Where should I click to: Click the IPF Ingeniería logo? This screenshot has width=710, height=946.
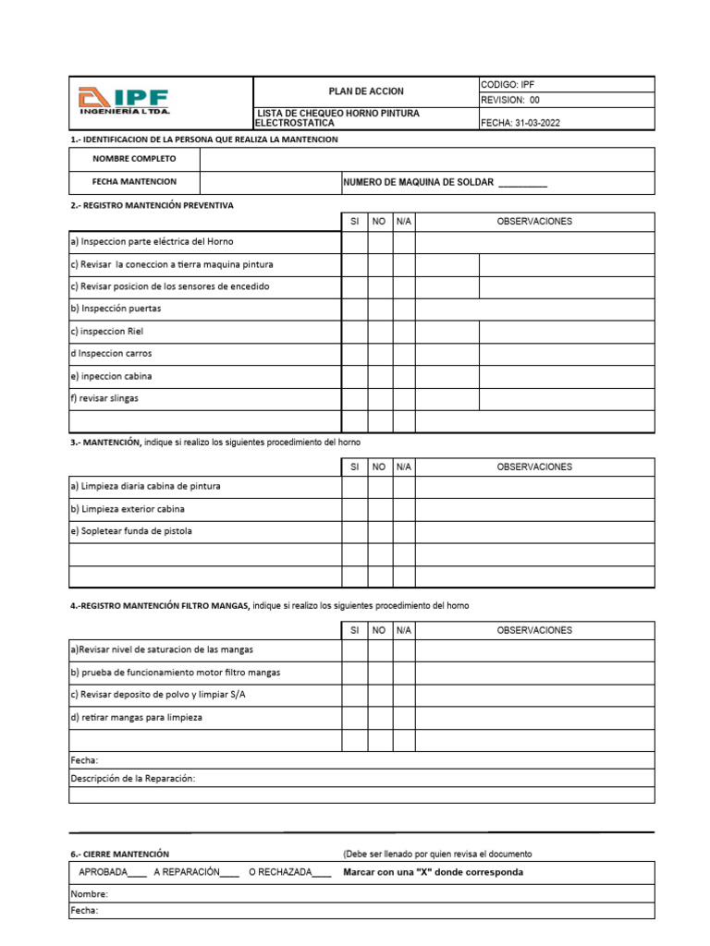123,102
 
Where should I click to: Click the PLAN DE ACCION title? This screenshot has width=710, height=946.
366,91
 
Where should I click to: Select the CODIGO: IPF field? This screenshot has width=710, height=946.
508,84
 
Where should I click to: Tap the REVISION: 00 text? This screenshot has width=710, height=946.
510,101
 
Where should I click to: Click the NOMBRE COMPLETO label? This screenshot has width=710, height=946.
134,159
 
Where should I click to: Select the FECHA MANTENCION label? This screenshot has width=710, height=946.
134,182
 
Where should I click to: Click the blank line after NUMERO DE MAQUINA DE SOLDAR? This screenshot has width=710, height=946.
522,183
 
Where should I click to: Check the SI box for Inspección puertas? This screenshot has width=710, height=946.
354,309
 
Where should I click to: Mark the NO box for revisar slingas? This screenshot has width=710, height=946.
379,399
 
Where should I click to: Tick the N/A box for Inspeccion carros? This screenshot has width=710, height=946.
403,354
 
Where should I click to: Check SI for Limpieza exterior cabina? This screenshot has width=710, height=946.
354,509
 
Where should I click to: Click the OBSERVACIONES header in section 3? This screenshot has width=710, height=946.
534,467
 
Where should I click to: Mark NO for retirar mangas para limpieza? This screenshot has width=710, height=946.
379,718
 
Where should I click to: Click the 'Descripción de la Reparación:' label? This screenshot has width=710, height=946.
133,778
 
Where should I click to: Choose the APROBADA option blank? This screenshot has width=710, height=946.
137,872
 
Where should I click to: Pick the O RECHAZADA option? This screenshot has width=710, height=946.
323,872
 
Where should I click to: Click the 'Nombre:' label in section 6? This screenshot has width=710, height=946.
90,894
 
